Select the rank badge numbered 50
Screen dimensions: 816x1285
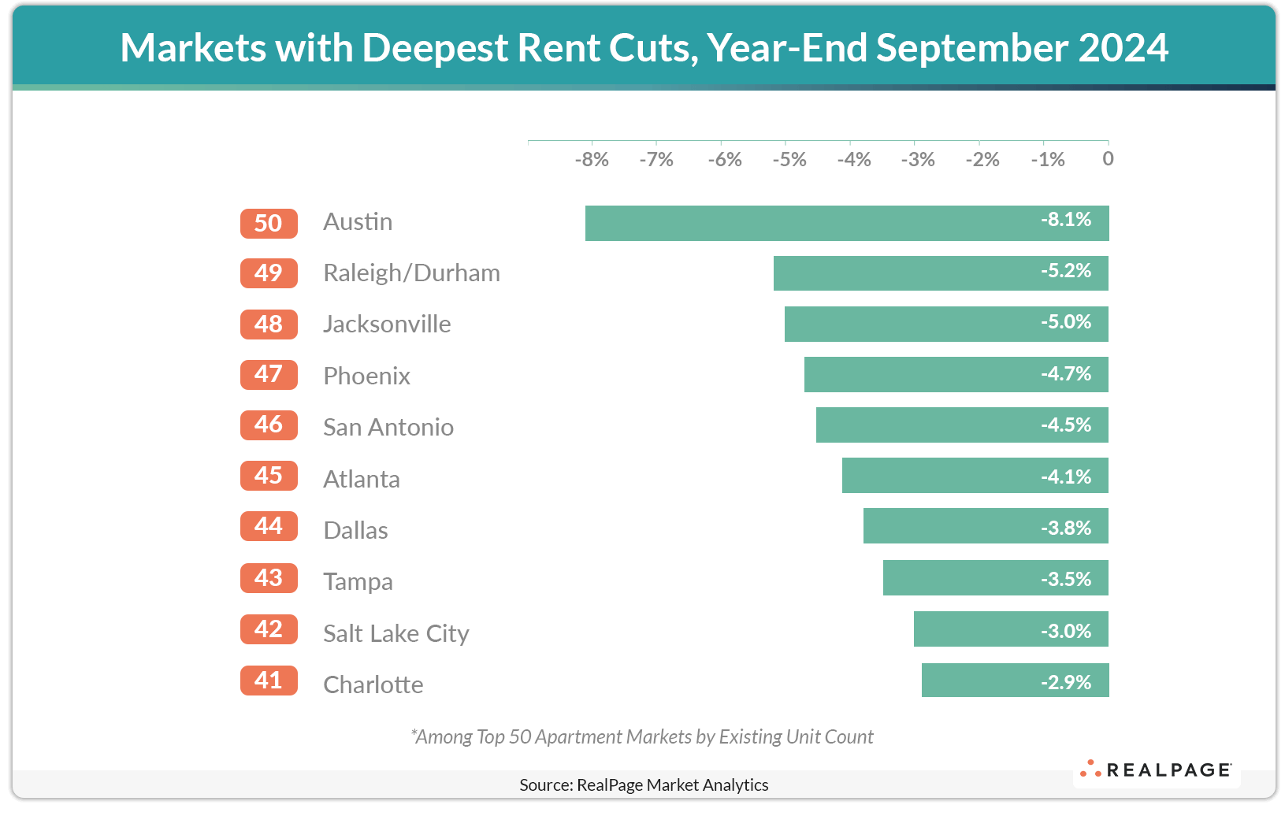pyautogui.click(x=269, y=224)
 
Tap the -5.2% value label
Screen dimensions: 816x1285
pyautogui.click(x=1066, y=272)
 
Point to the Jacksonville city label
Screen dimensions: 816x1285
pyautogui.click(x=387, y=325)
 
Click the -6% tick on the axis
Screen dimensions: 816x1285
pyautogui.click(x=724, y=160)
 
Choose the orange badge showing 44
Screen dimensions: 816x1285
pyautogui.click(x=269, y=526)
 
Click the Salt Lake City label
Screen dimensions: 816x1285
pyautogui.click(x=396, y=633)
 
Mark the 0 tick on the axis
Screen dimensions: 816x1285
pyautogui.click(x=1108, y=159)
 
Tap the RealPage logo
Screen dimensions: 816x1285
pyautogui.click(x=1156, y=770)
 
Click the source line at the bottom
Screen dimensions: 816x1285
pyautogui.click(x=644, y=784)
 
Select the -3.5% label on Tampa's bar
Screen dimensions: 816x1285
pyautogui.click(x=1066, y=580)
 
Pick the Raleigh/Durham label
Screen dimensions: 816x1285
pyautogui.click(x=411, y=273)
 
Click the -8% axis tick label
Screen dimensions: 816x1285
pyautogui.click(x=591, y=160)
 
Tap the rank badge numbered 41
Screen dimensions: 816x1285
pyautogui.click(x=269, y=681)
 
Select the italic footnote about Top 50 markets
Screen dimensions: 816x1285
pyautogui.click(x=642, y=736)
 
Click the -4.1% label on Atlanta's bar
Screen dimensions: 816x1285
pyautogui.click(x=1066, y=477)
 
